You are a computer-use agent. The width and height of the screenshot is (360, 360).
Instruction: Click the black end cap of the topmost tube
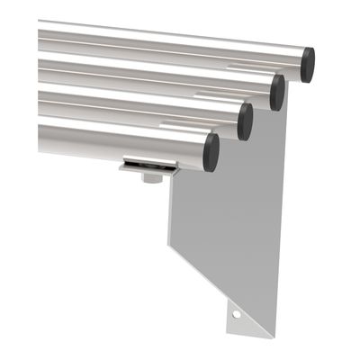(x=308, y=65)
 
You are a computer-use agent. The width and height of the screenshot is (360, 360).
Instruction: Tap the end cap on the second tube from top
(x=277, y=92)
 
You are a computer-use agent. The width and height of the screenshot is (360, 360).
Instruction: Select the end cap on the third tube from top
(x=245, y=121)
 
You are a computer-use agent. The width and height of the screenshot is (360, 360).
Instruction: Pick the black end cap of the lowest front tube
(x=211, y=152)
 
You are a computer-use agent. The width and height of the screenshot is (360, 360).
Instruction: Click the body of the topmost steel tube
(x=162, y=45)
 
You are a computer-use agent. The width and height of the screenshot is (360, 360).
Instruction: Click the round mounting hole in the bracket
(x=238, y=316)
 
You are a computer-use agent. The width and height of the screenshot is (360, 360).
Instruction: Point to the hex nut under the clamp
(x=151, y=177)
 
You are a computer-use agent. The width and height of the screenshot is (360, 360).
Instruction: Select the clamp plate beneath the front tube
(x=148, y=166)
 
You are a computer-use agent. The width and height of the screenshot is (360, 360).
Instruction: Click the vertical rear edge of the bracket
(x=281, y=225)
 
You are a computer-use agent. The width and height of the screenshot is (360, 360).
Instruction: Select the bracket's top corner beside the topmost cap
(x=293, y=85)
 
